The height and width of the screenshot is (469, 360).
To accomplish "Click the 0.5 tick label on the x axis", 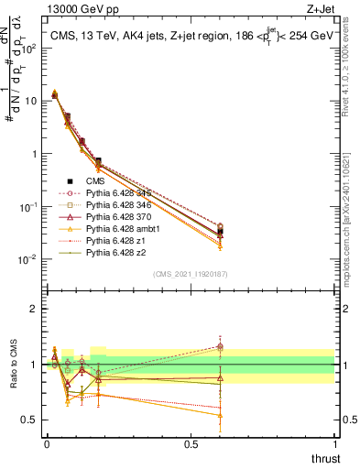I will click(x=191, y=443).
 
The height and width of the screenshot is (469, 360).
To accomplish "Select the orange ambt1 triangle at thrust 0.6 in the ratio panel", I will click(x=219, y=415).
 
